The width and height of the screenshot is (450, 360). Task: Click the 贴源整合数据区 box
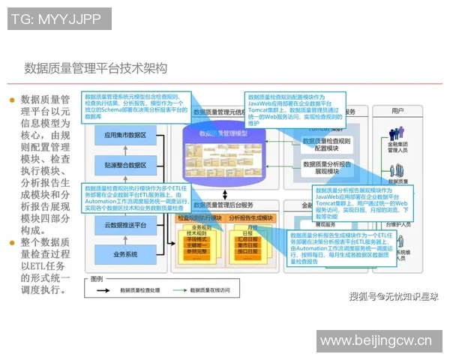tap(125, 165)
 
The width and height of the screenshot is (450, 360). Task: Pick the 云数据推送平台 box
tap(125, 225)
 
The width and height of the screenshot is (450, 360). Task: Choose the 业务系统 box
tap(125, 254)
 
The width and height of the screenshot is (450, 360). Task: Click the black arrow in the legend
tap(119, 289)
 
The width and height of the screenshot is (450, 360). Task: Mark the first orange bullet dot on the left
tap(12, 99)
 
